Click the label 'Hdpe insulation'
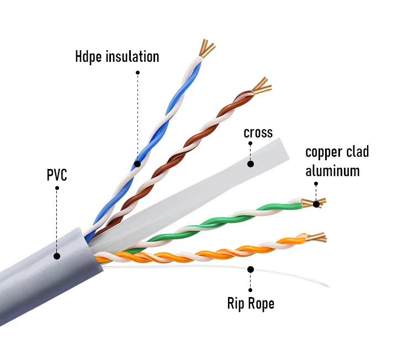[117, 57]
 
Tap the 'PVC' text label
[56, 176]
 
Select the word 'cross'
[258, 133]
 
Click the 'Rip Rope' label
[251, 303]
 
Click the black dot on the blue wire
[137, 164]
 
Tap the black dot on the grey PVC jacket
[56, 256]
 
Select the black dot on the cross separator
[250, 163]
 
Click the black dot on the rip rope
[250, 269]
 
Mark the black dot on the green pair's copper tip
[316, 204]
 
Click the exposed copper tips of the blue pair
[206, 49]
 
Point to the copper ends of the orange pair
[316, 238]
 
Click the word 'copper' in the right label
[321, 152]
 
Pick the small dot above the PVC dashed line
[56, 188]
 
